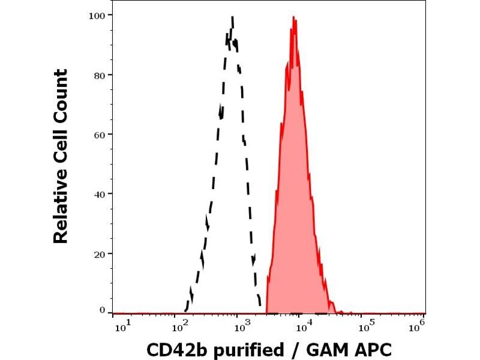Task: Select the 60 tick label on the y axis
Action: click(x=101, y=134)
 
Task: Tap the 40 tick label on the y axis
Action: click(x=101, y=194)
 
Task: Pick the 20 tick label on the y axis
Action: click(x=101, y=253)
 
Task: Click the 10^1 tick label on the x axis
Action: click(x=121, y=326)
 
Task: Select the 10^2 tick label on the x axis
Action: click(x=178, y=326)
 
